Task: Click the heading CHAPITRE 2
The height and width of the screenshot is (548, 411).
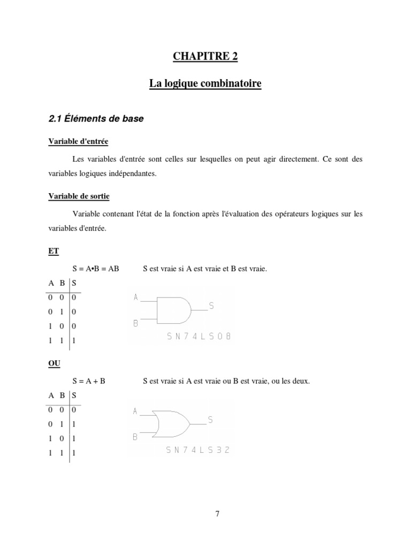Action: (205, 57)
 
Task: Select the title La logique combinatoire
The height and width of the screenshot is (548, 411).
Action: (205, 84)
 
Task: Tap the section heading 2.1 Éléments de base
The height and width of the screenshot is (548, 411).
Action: (96, 119)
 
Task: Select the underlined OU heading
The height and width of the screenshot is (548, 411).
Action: (55, 363)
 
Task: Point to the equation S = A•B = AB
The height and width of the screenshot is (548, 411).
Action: (96, 269)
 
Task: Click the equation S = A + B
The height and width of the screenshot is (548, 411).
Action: (89, 382)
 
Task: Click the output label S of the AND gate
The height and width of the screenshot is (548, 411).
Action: (211, 306)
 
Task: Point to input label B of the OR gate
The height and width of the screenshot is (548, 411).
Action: (135, 437)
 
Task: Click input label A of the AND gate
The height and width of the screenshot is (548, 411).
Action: (136, 296)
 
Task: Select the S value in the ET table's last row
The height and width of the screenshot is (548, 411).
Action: (74, 340)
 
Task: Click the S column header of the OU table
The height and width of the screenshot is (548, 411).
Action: (74, 396)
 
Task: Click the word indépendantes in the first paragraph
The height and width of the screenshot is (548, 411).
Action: (134, 174)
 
